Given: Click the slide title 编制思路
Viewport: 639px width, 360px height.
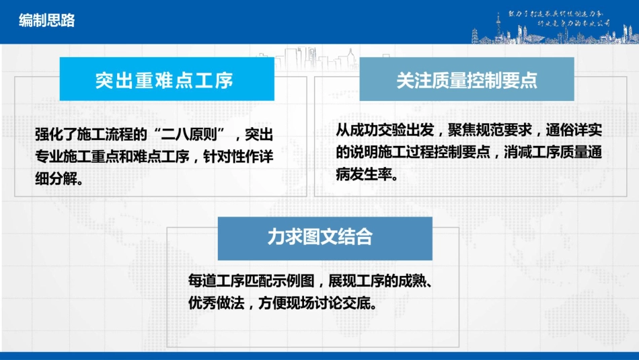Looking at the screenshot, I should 46,21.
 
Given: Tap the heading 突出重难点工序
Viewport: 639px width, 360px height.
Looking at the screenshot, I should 164,81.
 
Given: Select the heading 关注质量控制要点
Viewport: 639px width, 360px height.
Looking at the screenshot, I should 466,81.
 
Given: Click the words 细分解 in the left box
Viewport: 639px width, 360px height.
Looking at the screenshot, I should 59,180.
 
